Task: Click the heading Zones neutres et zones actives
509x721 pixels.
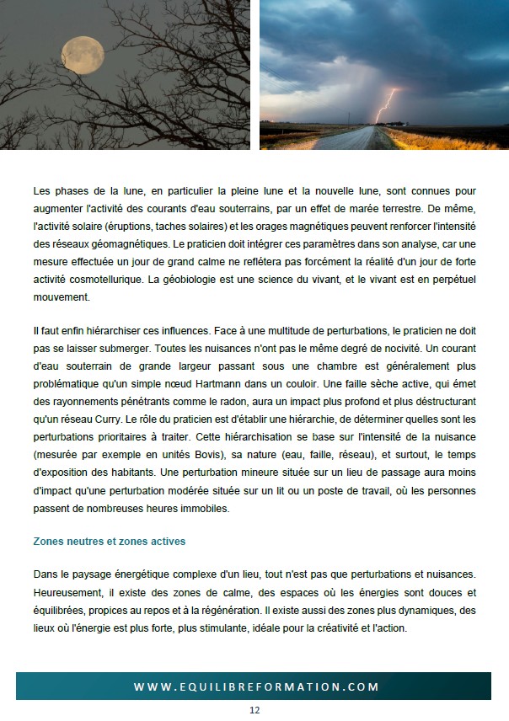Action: (109, 541)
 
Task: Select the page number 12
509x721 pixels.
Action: (254, 710)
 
